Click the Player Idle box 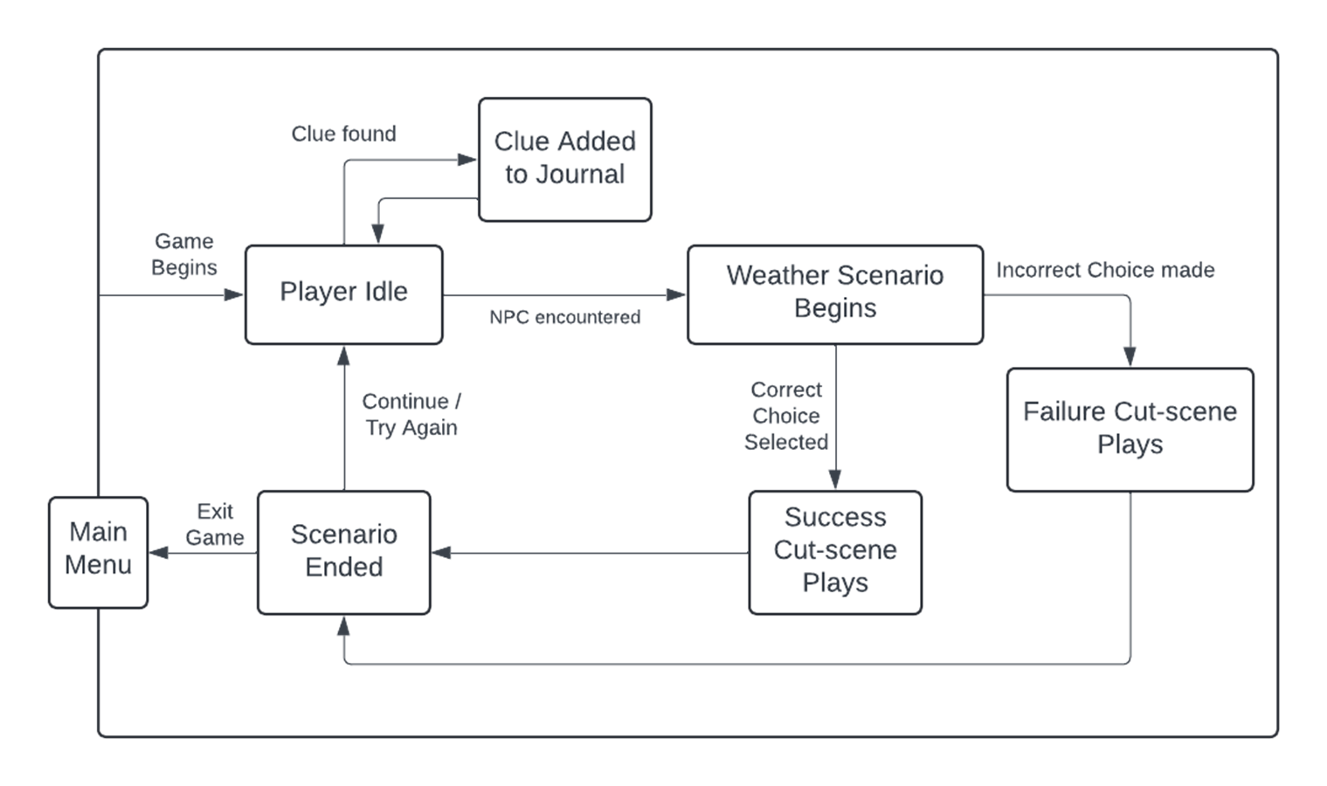[343, 294]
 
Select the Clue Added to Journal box [564, 160]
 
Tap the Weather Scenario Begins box [835, 294]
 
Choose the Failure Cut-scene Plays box [1130, 430]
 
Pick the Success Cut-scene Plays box [835, 552]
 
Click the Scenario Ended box [343, 552]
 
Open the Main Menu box [99, 552]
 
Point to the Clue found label [343, 134]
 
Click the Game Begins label [184, 254]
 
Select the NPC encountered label [564, 317]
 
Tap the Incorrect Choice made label [1105, 270]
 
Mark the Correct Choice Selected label [786, 415]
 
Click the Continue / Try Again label [411, 414]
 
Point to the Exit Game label [214, 524]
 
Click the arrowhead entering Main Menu [158, 553]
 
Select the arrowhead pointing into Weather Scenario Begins [676, 294]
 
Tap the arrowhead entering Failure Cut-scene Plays [1130, 356]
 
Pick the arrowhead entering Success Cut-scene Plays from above [835, 479]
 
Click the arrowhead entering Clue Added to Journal [467, 159]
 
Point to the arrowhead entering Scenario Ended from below [343, 625]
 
